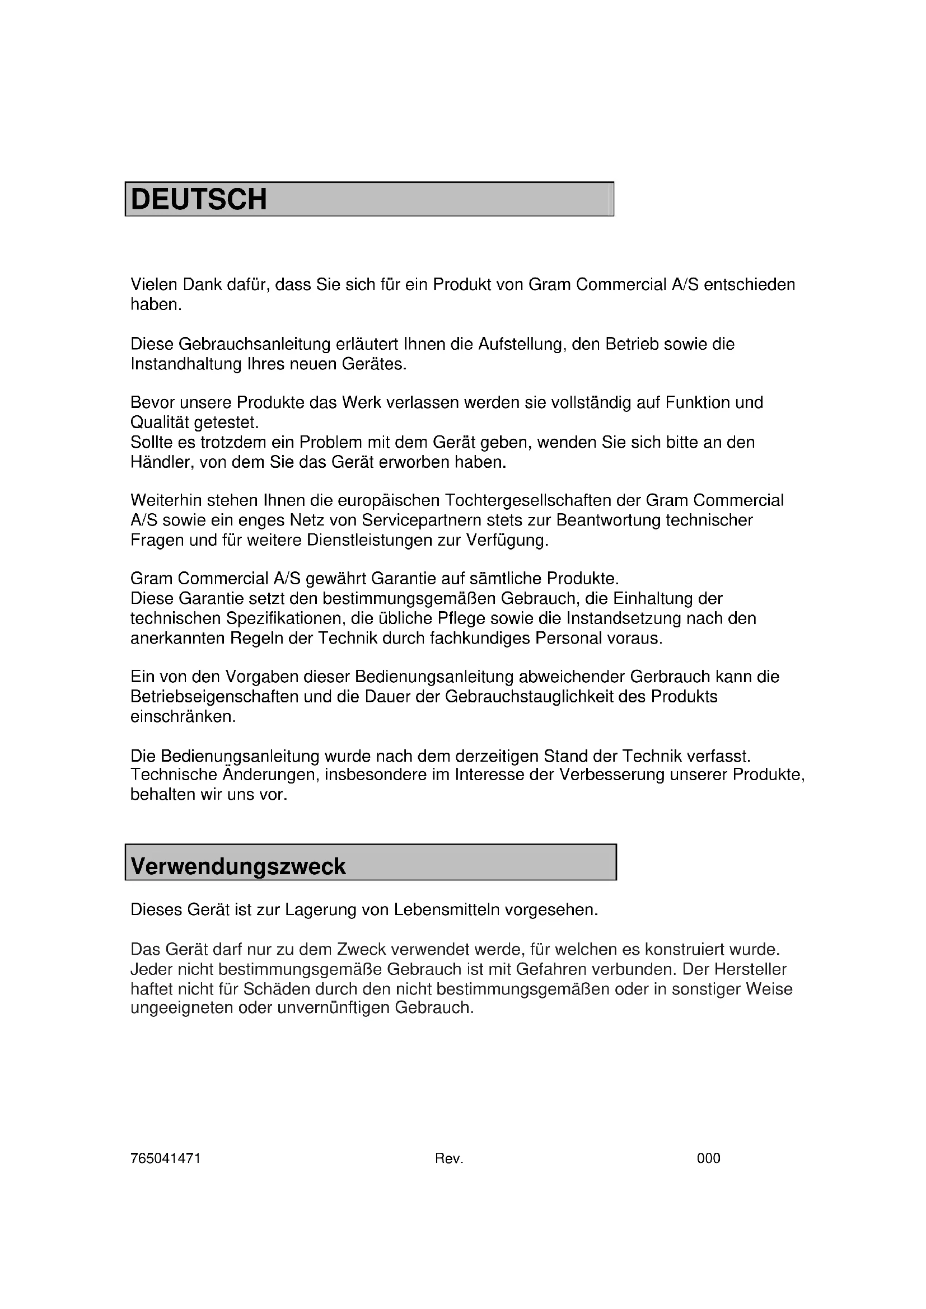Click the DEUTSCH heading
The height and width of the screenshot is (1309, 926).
tap(198, 200)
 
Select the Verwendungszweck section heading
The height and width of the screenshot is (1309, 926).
tap(238, 866)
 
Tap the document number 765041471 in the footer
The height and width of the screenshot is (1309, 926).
tap(165, 1158)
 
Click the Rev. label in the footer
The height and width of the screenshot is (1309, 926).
tap(449, 1158)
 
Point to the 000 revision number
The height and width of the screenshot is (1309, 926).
tap(708, 1158)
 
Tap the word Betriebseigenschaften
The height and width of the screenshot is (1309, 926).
tap(214, 697)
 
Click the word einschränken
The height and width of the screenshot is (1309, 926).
tap(183, 717)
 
